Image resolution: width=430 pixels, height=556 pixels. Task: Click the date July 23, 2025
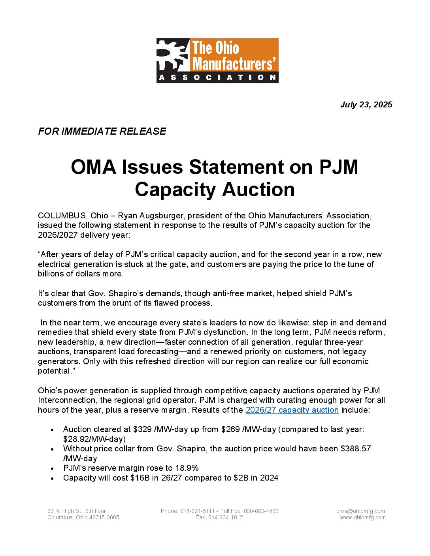pos(366,105)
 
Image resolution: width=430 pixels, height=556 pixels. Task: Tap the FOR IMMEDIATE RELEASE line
pos(102,131)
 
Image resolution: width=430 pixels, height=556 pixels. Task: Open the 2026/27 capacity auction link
pos(292,410)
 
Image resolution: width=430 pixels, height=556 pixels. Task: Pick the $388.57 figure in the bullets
pos(355,449)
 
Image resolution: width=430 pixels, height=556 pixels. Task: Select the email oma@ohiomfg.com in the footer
pos(360,511)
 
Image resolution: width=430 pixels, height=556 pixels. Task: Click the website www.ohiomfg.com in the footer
pos(363,517)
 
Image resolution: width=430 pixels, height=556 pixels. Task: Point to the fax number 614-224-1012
pos(226,517)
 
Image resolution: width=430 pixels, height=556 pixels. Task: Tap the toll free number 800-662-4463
pos(261,511)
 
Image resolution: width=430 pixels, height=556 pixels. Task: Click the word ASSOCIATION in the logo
pos(217,77)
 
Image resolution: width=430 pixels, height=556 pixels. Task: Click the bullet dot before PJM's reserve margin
pos(53,468)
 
